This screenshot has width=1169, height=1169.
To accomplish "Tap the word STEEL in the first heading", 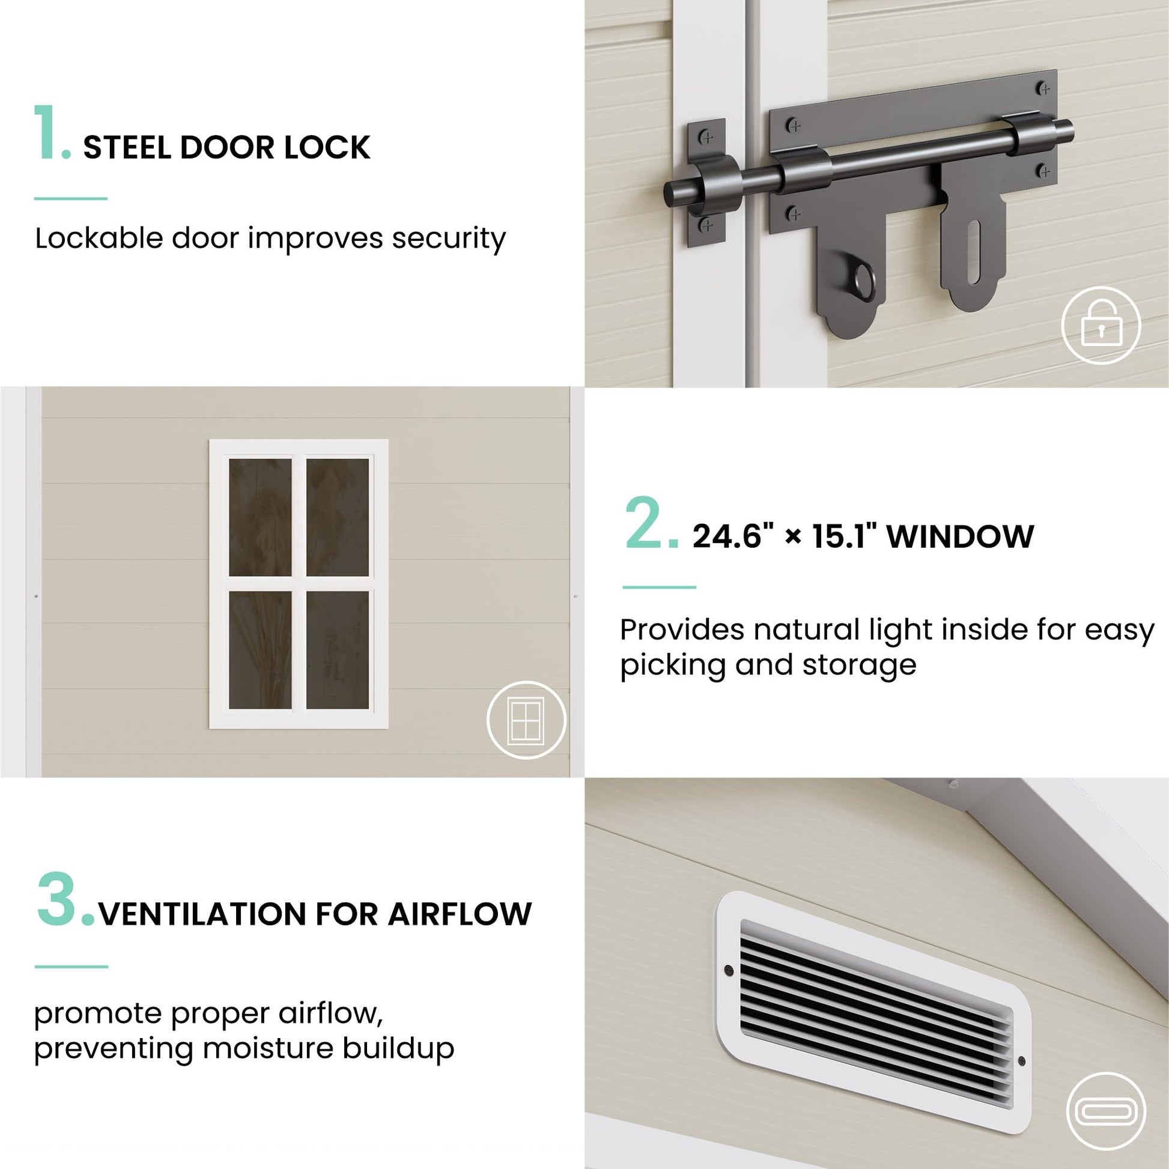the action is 127,148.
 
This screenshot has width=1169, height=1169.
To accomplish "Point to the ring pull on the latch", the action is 864,283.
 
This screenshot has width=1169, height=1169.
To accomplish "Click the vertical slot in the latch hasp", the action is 973,252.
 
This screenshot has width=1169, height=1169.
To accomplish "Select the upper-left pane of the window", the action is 260,517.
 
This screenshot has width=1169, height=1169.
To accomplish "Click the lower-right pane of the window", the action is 338,650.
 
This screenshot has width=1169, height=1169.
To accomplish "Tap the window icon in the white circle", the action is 526,720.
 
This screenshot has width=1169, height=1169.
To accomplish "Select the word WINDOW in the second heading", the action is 960,536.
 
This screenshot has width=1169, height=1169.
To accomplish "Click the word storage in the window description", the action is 859,666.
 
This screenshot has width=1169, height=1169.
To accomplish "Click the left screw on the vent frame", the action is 729,971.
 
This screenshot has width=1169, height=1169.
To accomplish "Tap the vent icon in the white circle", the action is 1106,1111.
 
